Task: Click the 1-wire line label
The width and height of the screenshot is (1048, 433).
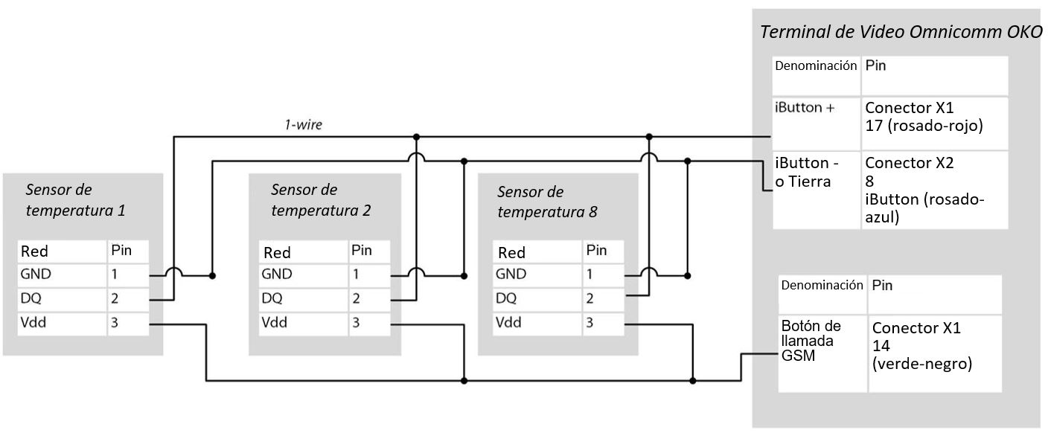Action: (302, 125)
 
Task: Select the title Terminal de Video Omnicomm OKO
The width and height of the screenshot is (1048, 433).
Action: (901, 33)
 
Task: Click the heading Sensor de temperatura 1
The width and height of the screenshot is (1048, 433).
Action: (74, 199)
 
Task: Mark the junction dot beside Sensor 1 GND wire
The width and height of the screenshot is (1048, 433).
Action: (212, 276)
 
